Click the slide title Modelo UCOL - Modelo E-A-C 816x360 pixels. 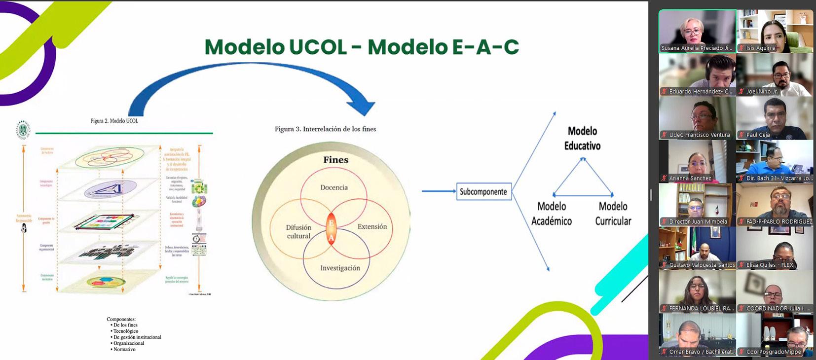click(362, 47)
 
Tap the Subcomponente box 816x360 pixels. click(483, 192)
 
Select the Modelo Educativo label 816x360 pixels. click(582, 138)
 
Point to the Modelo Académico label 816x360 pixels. click(552, 214)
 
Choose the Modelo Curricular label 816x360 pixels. click(613, 214)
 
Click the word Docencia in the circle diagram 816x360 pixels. click(334, 187)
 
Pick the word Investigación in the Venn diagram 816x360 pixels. click(340, 268)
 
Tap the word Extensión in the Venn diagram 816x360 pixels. click(372, 226)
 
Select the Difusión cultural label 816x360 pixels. click(298, 231)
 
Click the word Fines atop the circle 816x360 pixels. click(335, 160)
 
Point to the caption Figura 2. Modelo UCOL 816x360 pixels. click(114, 121)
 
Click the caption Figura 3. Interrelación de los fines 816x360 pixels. click(325, 129)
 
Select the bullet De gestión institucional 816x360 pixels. click(137, 337)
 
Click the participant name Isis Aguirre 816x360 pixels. click(760, 48)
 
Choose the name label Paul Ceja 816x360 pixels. click(758, 135)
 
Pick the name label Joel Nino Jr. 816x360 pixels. click(762, 91)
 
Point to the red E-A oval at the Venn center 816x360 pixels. click(331, 229)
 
